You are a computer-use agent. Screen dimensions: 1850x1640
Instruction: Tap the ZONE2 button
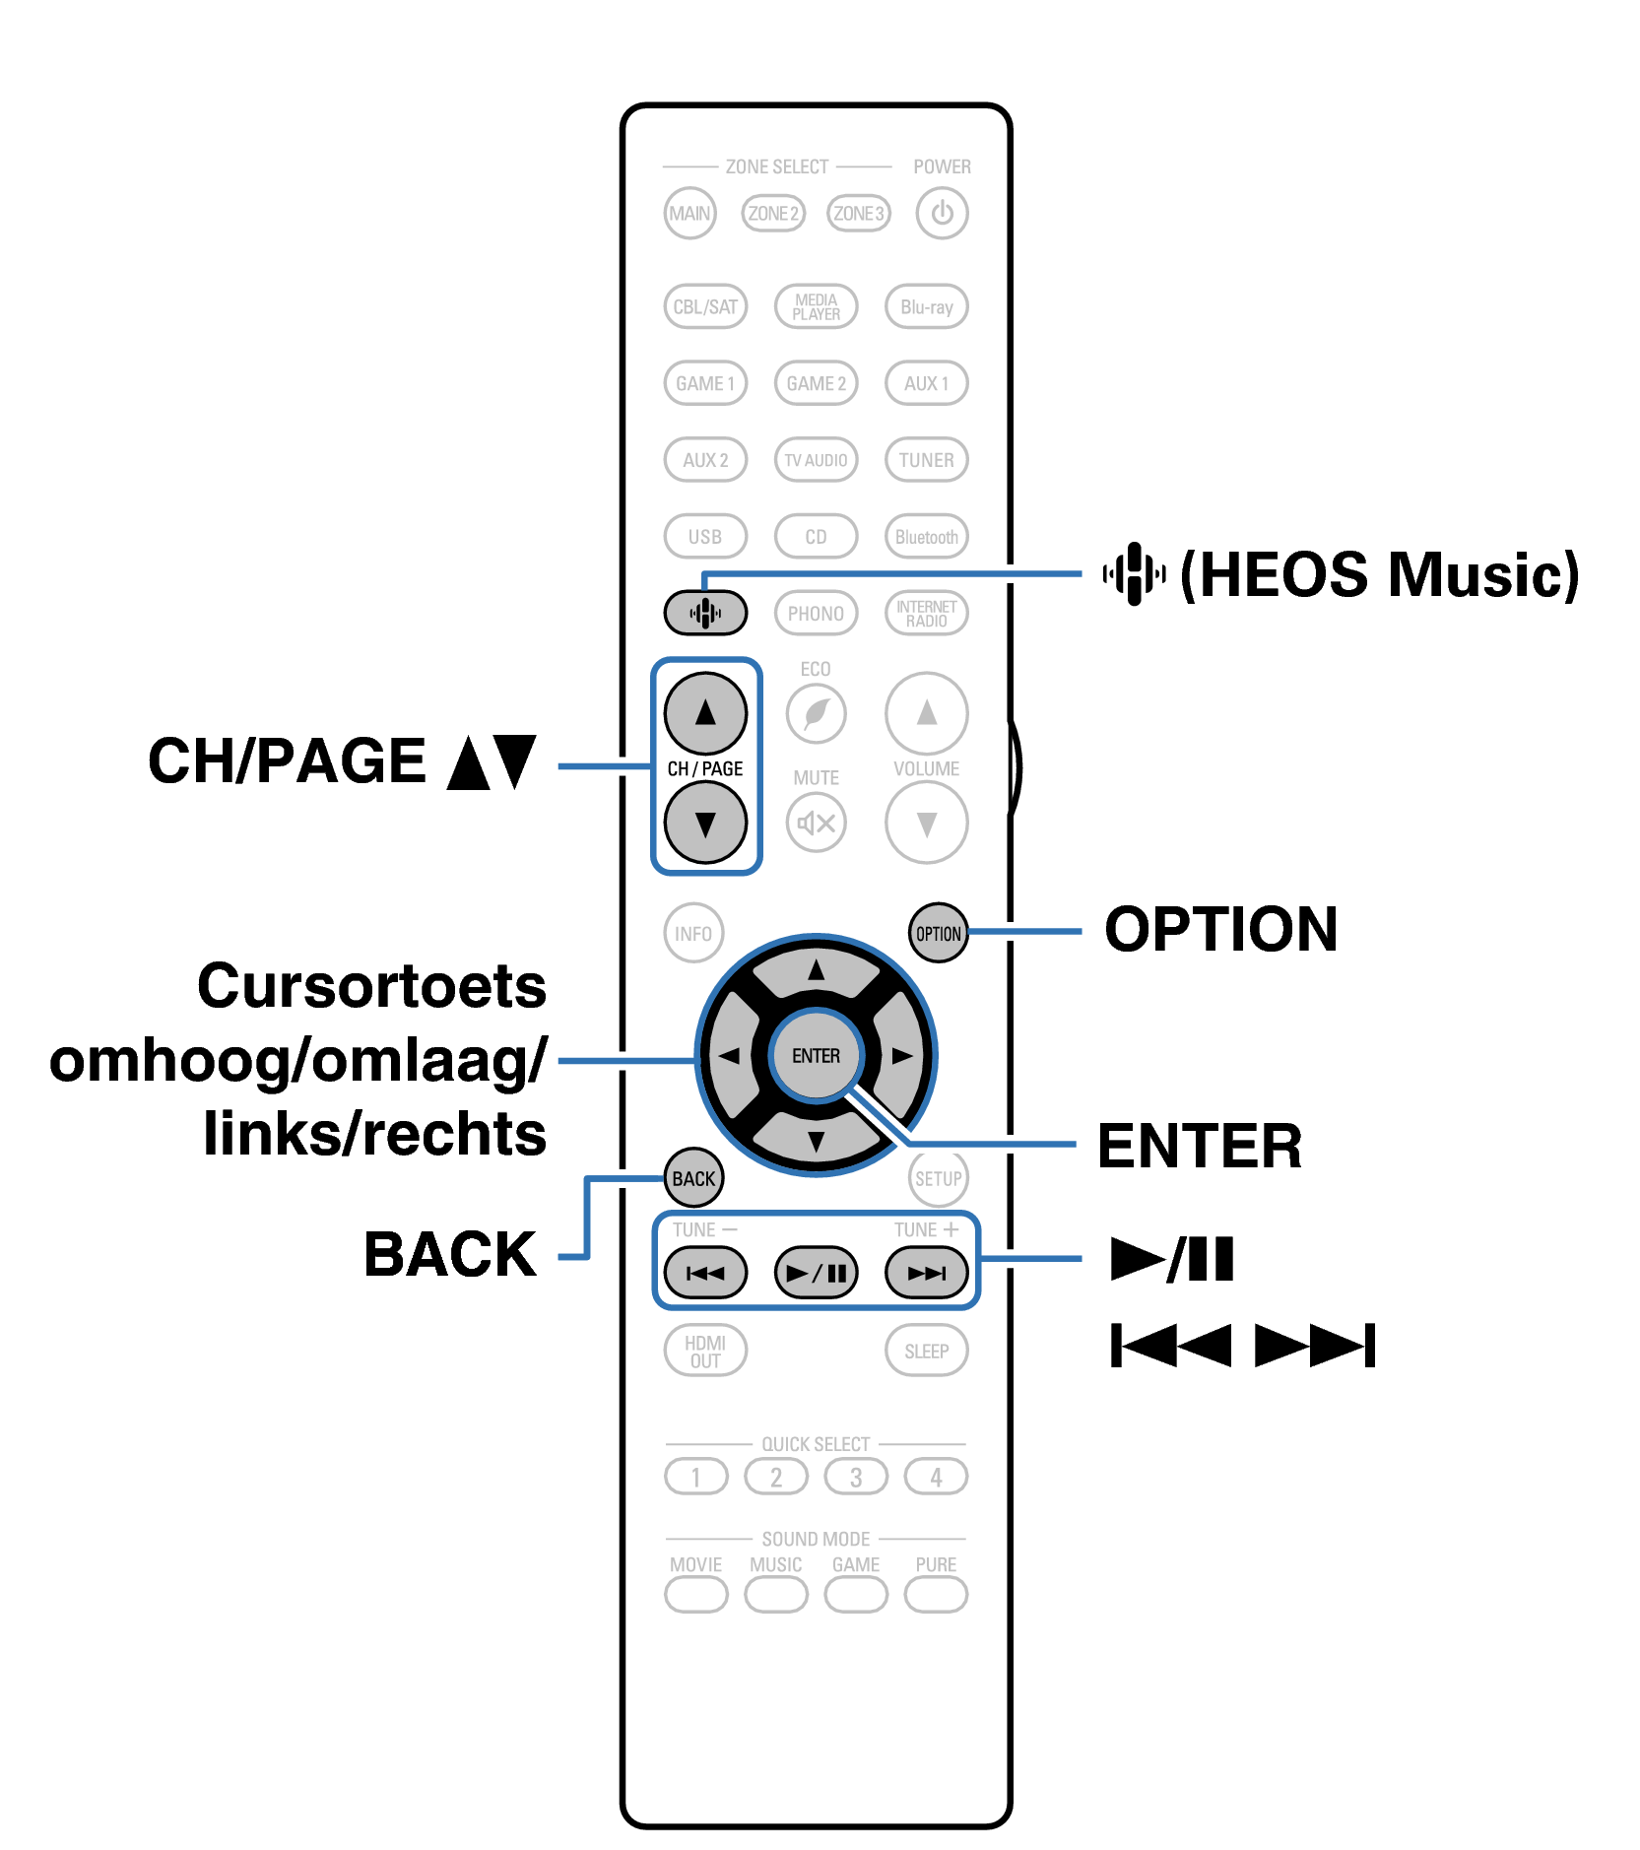pyautogui.click(x=773, y=213)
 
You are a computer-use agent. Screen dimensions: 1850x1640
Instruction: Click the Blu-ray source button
pyautogui.click(x=926, y=306)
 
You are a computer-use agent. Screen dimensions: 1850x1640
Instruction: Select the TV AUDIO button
pyautogui.click(x=816, y=460)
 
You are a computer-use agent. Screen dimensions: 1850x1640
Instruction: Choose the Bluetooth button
pyautogui.click(x=926, y=537)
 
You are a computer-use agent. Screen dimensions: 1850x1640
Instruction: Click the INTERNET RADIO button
pyautogui.click(x=926, y=613)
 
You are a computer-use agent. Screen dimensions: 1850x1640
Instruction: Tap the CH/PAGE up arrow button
pyautogui.click(x=705, y=712)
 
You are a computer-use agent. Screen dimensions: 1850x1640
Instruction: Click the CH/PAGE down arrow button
pyautogui.click(x=705, y=823)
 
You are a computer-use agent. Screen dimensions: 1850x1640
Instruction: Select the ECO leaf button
pyautogui.click(x=816, y=712)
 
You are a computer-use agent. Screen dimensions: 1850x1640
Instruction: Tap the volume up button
pyautogui.click(x=926, y=712)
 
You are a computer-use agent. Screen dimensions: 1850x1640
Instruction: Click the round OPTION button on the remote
pyautogui.click(x=938, y=933)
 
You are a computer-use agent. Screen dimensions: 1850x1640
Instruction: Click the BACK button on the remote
pyautogui.click(x=693, y=1178)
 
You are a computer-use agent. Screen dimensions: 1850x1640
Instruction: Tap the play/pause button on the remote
pyautogui.click(x=816, y=1273)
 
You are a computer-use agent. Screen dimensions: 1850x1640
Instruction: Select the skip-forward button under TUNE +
pyautogui.click(x=926, y=1273)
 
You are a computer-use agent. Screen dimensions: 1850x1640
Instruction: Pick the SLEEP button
pyautogui.click(x=926, y=1351)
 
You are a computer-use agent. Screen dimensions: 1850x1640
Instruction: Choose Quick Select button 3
pyautogui.click(x=855, y=1477)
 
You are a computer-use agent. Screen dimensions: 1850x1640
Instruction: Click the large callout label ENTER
pyautogui.click(x=1199, y=1146)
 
